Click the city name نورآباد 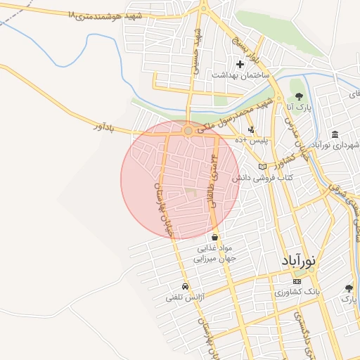(300, 259)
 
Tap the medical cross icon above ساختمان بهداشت (240, 65)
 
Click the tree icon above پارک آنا (299, 96)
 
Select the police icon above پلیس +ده (251, 129)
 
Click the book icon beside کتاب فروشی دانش (263, 167)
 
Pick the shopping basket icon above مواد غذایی (214, 237)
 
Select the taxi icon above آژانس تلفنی (184, 287)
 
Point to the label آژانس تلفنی (184, 297)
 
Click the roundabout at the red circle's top (188, 131)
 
